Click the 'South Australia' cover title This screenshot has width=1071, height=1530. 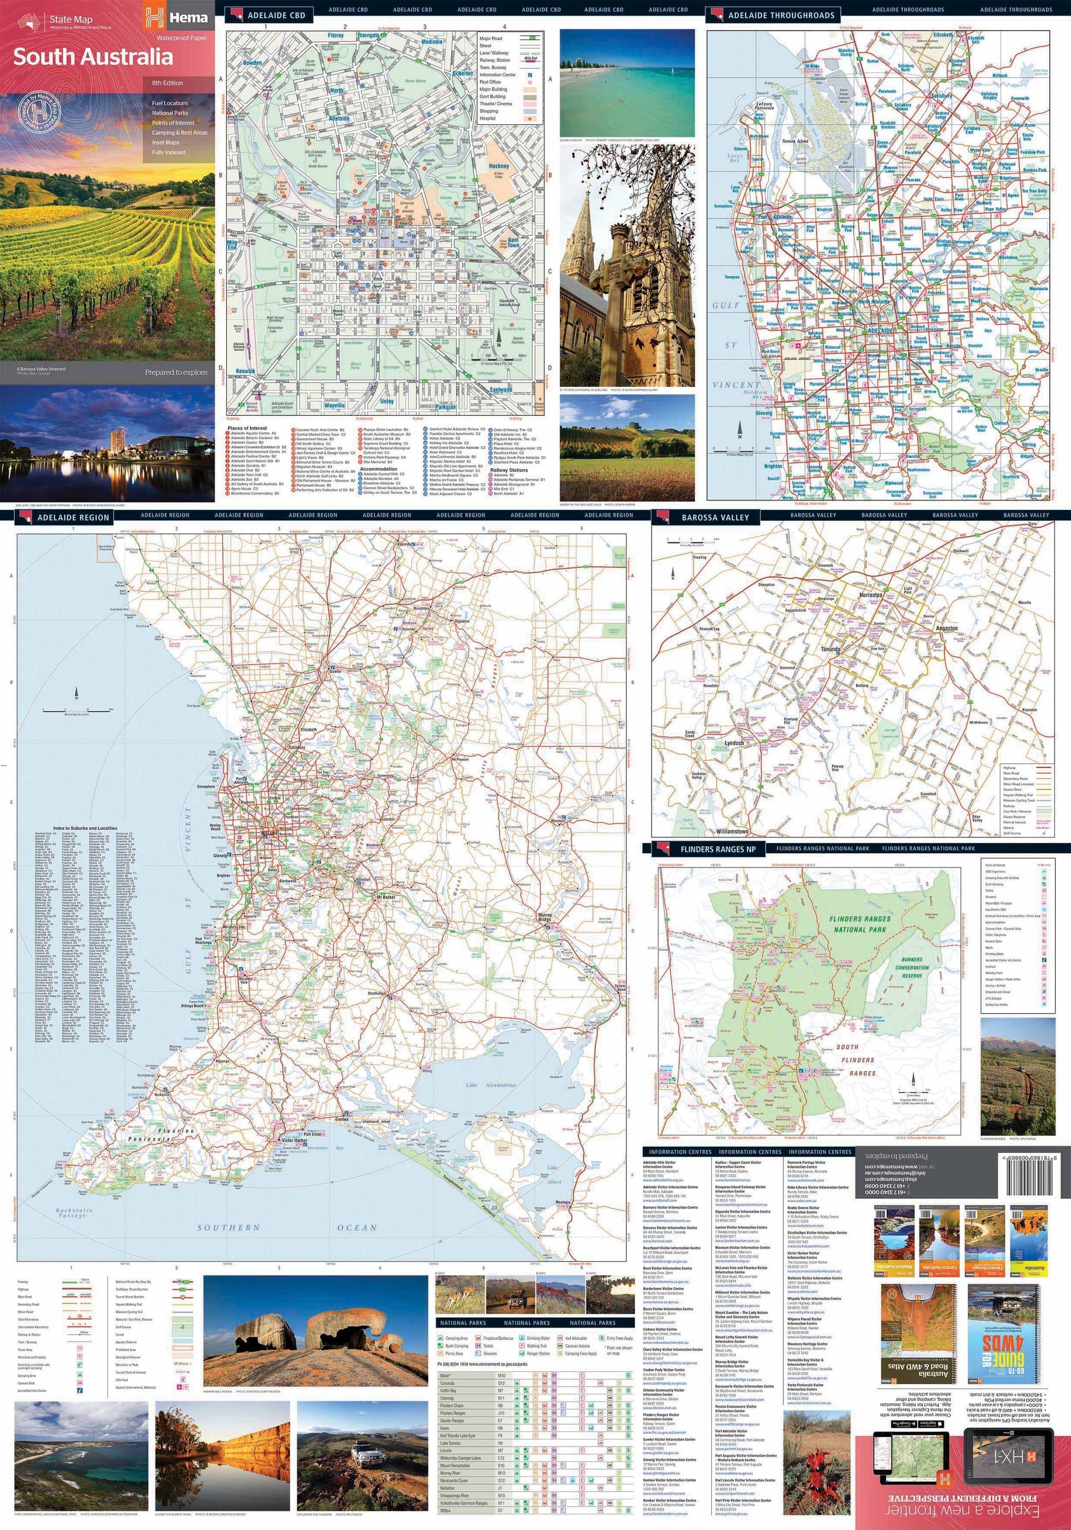(x=93, y=57)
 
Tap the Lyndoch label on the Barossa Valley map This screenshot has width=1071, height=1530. (x=734, y=742)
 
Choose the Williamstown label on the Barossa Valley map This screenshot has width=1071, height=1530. (x=732, y=832)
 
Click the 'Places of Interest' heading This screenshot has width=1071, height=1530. (x=247, y=428)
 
